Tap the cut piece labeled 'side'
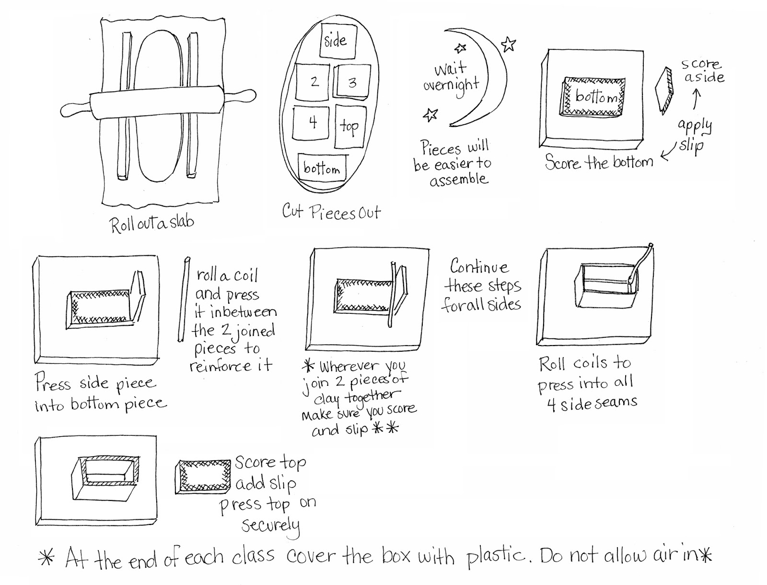point(338,40)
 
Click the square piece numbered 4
point(311,123)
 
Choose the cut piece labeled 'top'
point(350,127)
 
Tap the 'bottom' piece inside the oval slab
point(322,168)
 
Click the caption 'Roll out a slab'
point(151,223)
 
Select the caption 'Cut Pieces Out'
point(331,212)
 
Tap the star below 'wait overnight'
point(430,115)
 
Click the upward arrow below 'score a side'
point(697,100)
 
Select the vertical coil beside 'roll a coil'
point(183,300)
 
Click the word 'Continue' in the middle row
point(479,267)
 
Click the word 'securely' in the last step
point(271,525)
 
